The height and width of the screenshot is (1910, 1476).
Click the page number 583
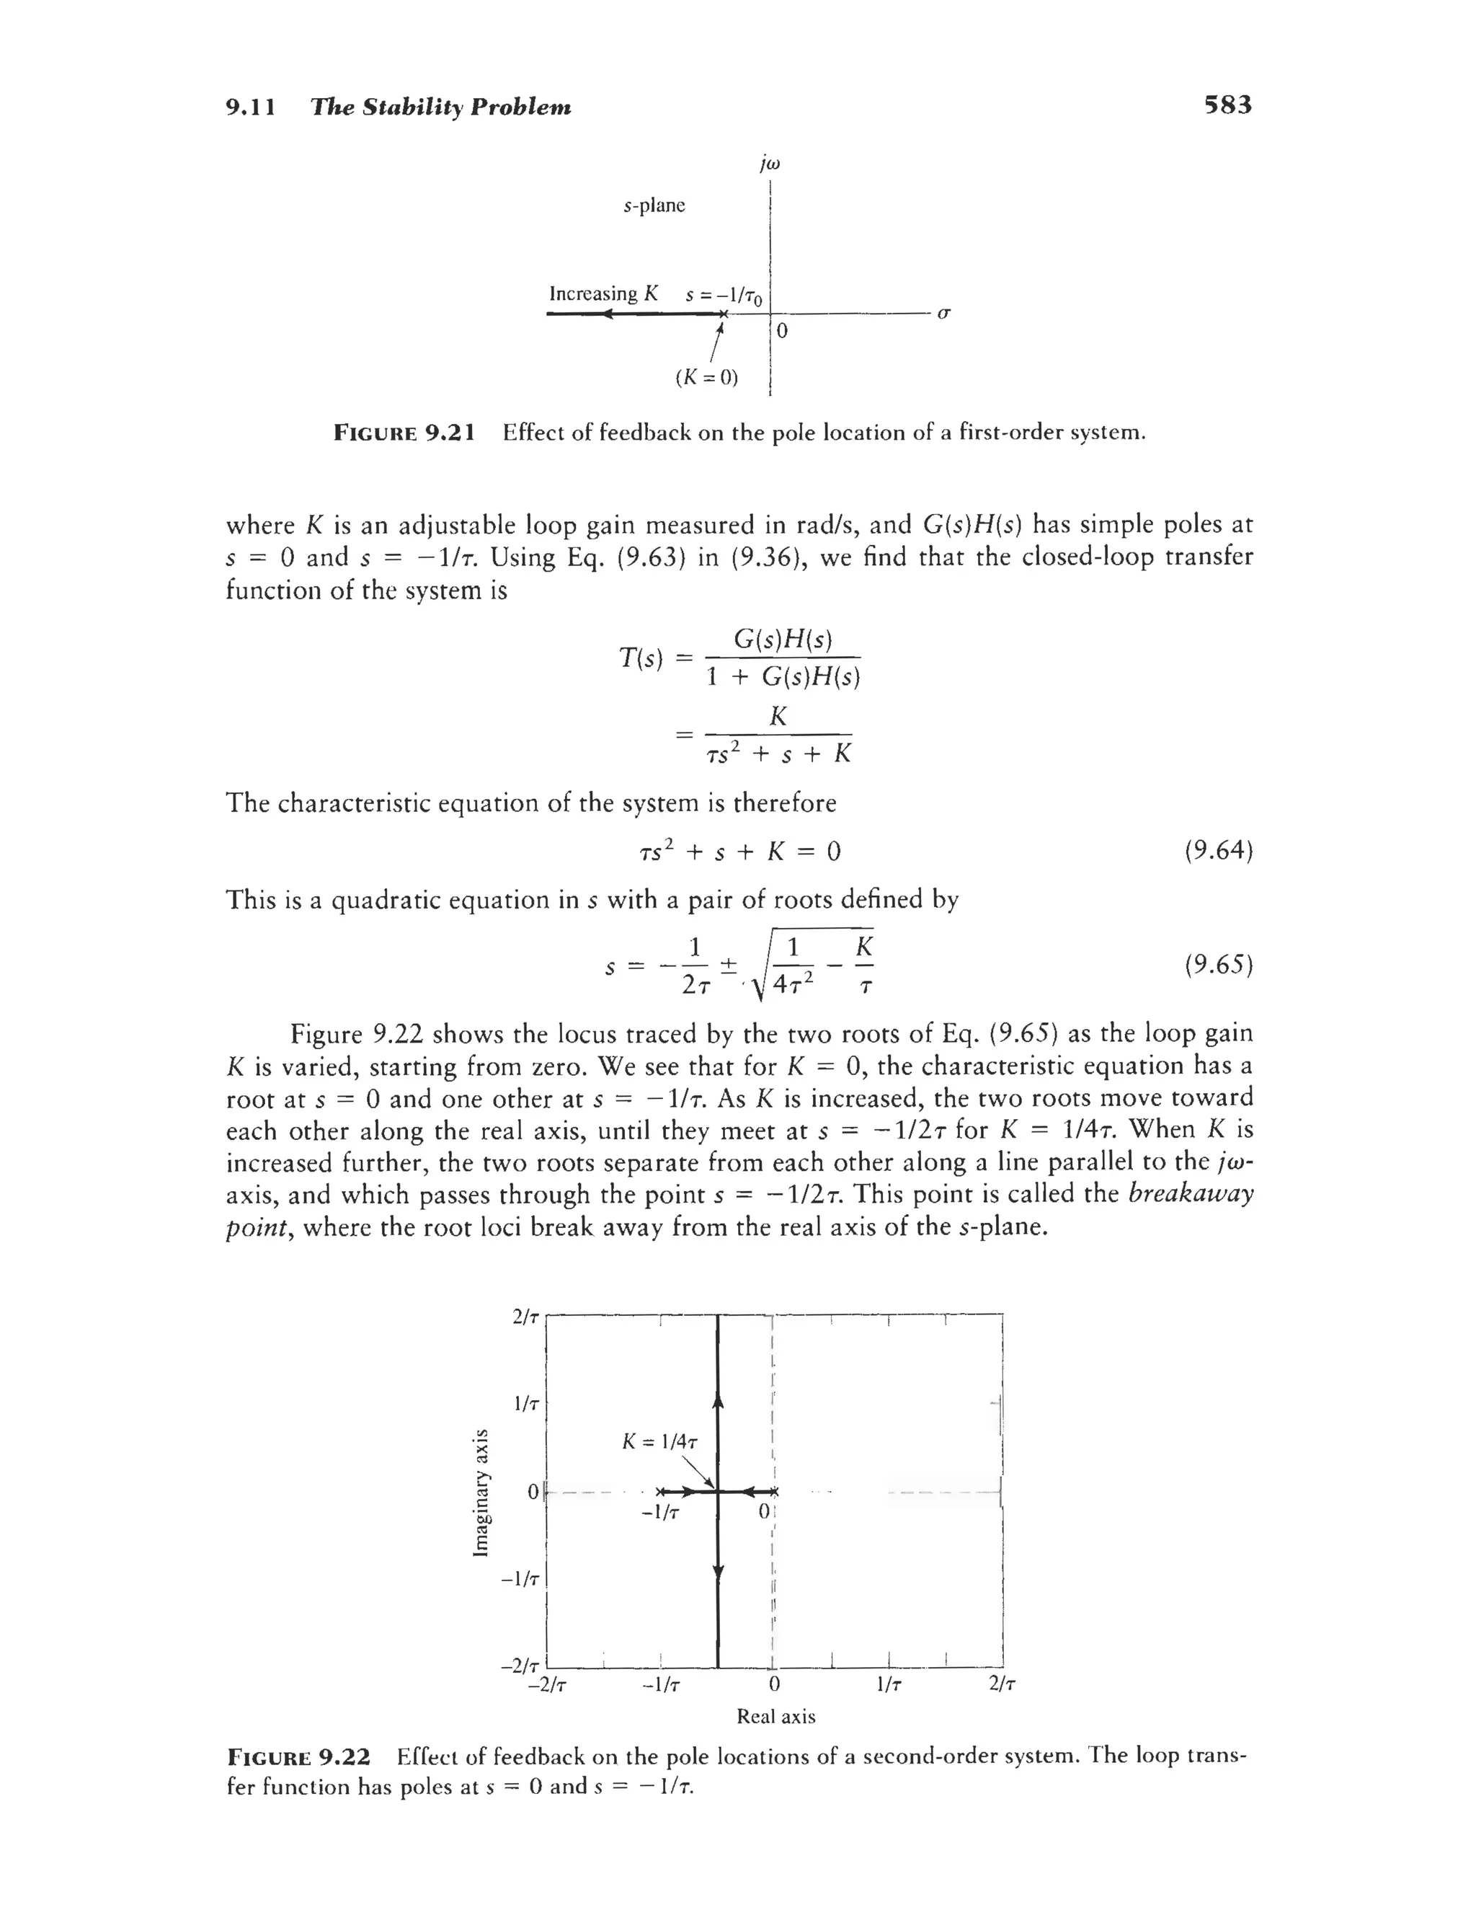point(1227,106)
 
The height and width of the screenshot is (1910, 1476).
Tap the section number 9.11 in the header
point(250,107)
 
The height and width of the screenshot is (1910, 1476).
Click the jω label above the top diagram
point(770,164)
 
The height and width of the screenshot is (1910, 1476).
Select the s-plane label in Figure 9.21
point(654,205)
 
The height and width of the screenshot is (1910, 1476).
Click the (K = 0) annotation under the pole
point(706,378)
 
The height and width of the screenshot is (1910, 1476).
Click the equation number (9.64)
point(1219,850)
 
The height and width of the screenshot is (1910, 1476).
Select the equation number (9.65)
point(1219,965)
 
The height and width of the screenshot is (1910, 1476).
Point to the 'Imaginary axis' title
point(479,1492)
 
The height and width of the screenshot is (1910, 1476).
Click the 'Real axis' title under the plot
point(775,1716)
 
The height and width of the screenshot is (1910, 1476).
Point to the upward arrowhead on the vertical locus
point(719,1401)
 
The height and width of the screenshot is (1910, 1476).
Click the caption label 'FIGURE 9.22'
point(299,1757)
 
